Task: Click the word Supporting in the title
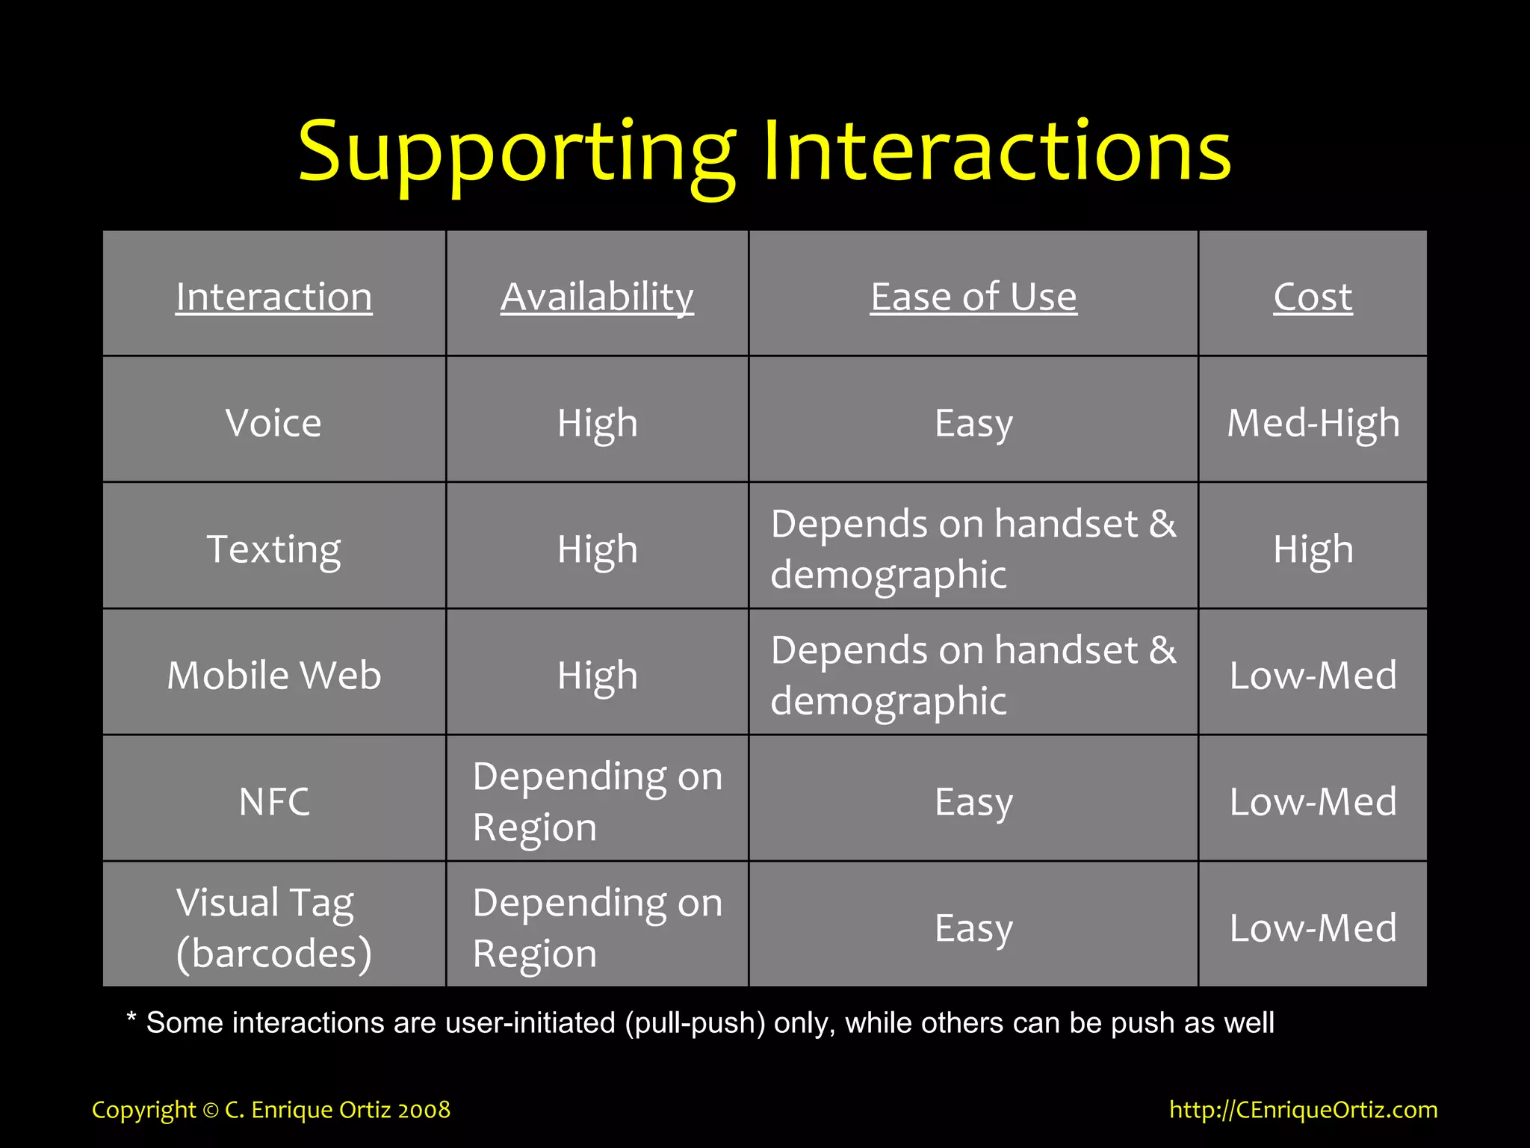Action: pyautogui.click(x=515, y=153)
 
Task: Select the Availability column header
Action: pyautogui.click(x=597, y=297)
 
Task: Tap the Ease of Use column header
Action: pyautogui.click(x=973, y=297)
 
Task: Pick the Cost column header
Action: pyautogui.click(x=1313, y=297)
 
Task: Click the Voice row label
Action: pyautogui.click(x=273, y=423)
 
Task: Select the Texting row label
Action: pyautogui.click(x=273, y=549)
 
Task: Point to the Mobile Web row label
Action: pyautogui.click(x=273, y=676)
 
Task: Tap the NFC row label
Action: pyautogui.click(x=273, y=802)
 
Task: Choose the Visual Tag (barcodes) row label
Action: pyautogui.click(x=273, y=928)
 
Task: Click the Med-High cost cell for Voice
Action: pyautogui.click(x=1313, y=423)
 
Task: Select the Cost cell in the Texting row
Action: pyautogui.click(x=1313, y=549)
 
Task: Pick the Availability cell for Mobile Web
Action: pyautogui.click(x=597, y=676)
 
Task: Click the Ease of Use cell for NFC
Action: pyautogui.click(x=973, y=802)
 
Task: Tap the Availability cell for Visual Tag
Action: pyautogui.click(x=597, y=928)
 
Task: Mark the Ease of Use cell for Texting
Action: pyautogui.click(x=973, y=549)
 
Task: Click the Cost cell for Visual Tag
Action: pyautogui.click(x=1313, y=928)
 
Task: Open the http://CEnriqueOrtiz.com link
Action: pyautogui.click(x=1303, y=1109)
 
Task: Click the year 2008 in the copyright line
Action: pyautogui.click(x=424, y=1110)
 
